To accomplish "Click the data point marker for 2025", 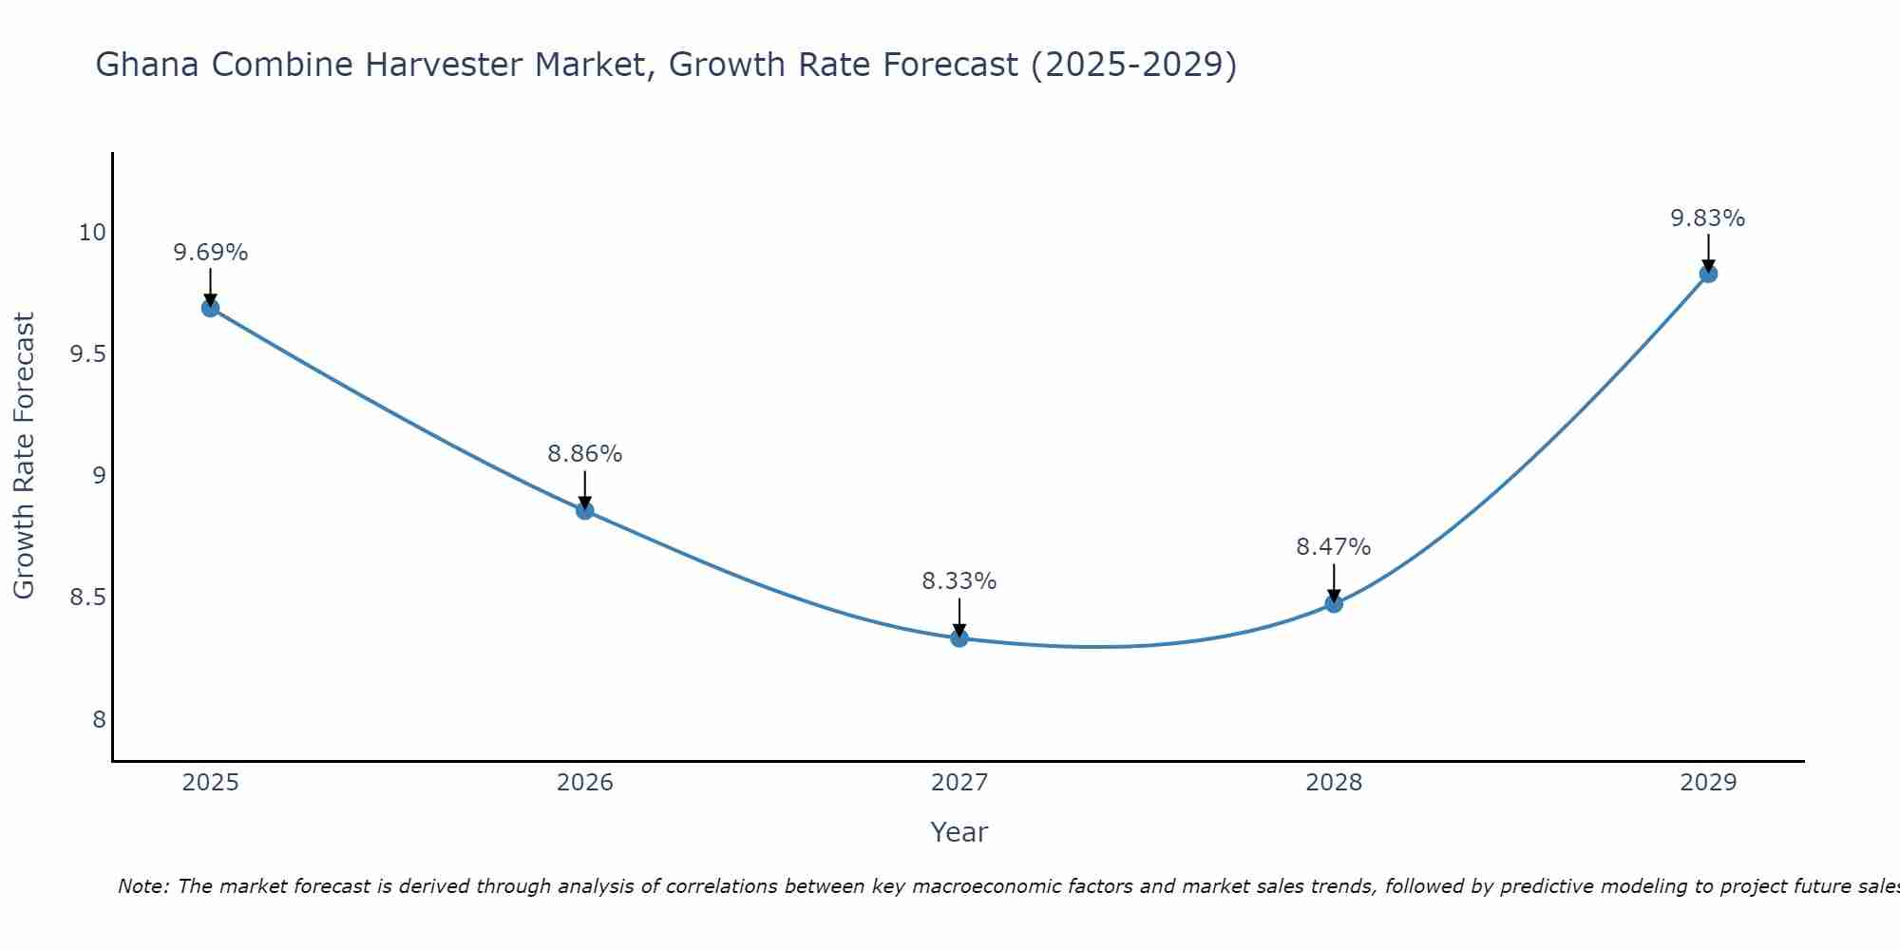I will coord(210,308).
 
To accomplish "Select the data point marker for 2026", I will coord(584,510).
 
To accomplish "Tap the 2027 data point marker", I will coord(959,638).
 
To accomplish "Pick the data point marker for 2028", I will coord(1333,603).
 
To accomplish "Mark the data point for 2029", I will coord(1707,274).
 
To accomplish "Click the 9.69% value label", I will coord(210,253).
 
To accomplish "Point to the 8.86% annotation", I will coord(584,454).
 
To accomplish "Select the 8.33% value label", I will coord(959,581).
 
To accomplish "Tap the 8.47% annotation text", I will coord(1333,547).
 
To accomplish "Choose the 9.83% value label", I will coord(1707,218).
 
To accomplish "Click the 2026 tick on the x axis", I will coord(584,783).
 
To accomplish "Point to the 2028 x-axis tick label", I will coord(1333,783).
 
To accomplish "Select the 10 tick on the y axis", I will coord(92,233).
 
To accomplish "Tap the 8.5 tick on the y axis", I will coord(87,598).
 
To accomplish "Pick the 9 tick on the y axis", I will coord(99,476).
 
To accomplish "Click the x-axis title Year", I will coord(959,832).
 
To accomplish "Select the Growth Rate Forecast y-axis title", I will coord(24,455).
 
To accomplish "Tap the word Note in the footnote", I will coord(142,886).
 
